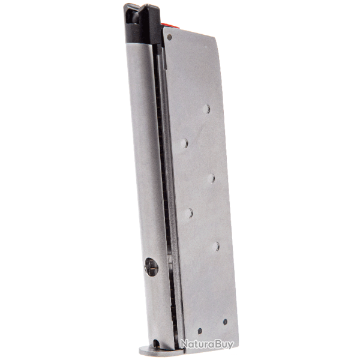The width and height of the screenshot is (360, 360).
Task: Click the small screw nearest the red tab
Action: (x=170, y=37)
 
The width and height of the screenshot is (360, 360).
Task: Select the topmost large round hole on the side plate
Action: (x=206, y=109)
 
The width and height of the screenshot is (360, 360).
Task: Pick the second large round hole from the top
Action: (x=184, y=143)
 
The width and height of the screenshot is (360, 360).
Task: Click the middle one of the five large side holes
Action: (x=211, y=178)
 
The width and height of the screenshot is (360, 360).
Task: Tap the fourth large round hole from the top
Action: (x=189, y=212)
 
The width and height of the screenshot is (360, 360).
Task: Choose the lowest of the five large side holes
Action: (x=215, y=245)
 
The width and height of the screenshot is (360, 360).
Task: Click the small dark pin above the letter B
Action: (x=225, y=322)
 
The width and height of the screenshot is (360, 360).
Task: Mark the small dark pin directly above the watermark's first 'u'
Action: (x=200, y=331)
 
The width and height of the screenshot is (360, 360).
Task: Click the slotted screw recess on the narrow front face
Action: (x=151, y=267)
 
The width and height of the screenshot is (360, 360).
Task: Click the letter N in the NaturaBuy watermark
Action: (x=184, y=344)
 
